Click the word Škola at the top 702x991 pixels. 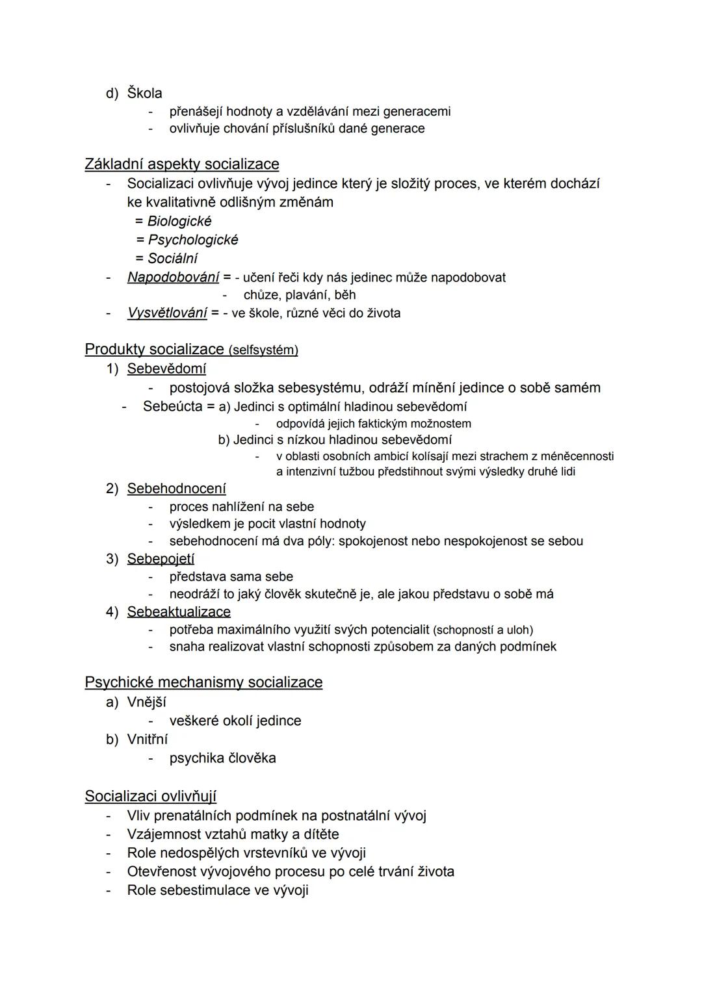pos(144,93)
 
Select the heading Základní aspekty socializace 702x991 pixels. pos(182,164)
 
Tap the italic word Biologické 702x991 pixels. pos(179,221)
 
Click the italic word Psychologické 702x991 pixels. pos(193,240)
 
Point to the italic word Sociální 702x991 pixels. pos(172,258)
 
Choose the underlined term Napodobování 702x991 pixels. pos(173,277)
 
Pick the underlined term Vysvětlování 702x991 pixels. pos(167,313)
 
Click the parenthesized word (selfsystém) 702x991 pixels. pos(263,350)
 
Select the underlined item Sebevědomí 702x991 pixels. pos(166,369)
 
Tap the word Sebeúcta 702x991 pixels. pos(172,407)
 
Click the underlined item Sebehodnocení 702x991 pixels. pos(177,489)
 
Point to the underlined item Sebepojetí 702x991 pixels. pos(161,559)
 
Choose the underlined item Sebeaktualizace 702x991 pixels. pos(179,612)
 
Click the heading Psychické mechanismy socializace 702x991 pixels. pos(203,682)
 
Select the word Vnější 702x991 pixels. pos(146,702)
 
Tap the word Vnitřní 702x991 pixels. pos(147,740)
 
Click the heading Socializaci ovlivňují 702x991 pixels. pos(151,797)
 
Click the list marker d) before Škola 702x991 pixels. pos(112,94)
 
